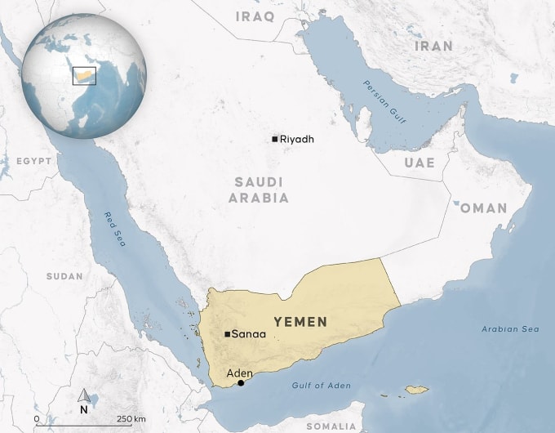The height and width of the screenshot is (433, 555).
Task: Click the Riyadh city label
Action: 296,140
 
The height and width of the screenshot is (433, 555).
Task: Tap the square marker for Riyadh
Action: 275,139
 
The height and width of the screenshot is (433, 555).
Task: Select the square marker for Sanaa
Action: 226,333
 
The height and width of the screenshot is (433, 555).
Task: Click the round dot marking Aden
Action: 240,383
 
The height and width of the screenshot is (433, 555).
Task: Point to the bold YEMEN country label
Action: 300,322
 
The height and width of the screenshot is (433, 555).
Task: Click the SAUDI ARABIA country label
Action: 259,190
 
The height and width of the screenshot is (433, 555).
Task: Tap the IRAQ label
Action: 255,16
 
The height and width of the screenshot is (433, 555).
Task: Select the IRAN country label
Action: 433,47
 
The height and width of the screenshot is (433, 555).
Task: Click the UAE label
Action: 420,163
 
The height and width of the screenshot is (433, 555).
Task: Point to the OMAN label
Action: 484,208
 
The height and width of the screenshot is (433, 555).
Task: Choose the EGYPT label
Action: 33,161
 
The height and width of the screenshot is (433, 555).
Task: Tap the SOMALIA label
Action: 331,426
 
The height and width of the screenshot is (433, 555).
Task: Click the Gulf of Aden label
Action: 320,384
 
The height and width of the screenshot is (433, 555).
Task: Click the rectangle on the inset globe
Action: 83,75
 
